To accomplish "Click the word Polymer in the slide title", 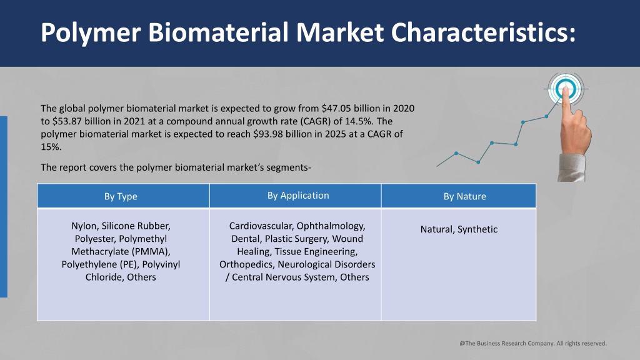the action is coord(91,32).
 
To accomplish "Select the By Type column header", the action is coord(121,196).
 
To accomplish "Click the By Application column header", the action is coord(298,196).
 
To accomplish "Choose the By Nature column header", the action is coord(464,196).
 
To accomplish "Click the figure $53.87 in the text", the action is coord(67,121).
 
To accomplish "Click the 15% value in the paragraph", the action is coord(51,147).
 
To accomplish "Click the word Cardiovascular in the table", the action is coord(261,226).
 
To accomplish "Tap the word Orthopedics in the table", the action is coord(247,264).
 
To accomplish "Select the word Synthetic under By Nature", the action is coord(477,229).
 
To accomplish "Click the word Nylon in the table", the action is coord(84,226).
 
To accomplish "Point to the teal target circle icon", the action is coord(565,89).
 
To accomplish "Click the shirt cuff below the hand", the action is coord(571,167).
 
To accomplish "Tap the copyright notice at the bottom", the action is coord(533,343).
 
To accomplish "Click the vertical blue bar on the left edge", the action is coord(4,206).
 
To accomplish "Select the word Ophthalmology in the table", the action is coord(331,226).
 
